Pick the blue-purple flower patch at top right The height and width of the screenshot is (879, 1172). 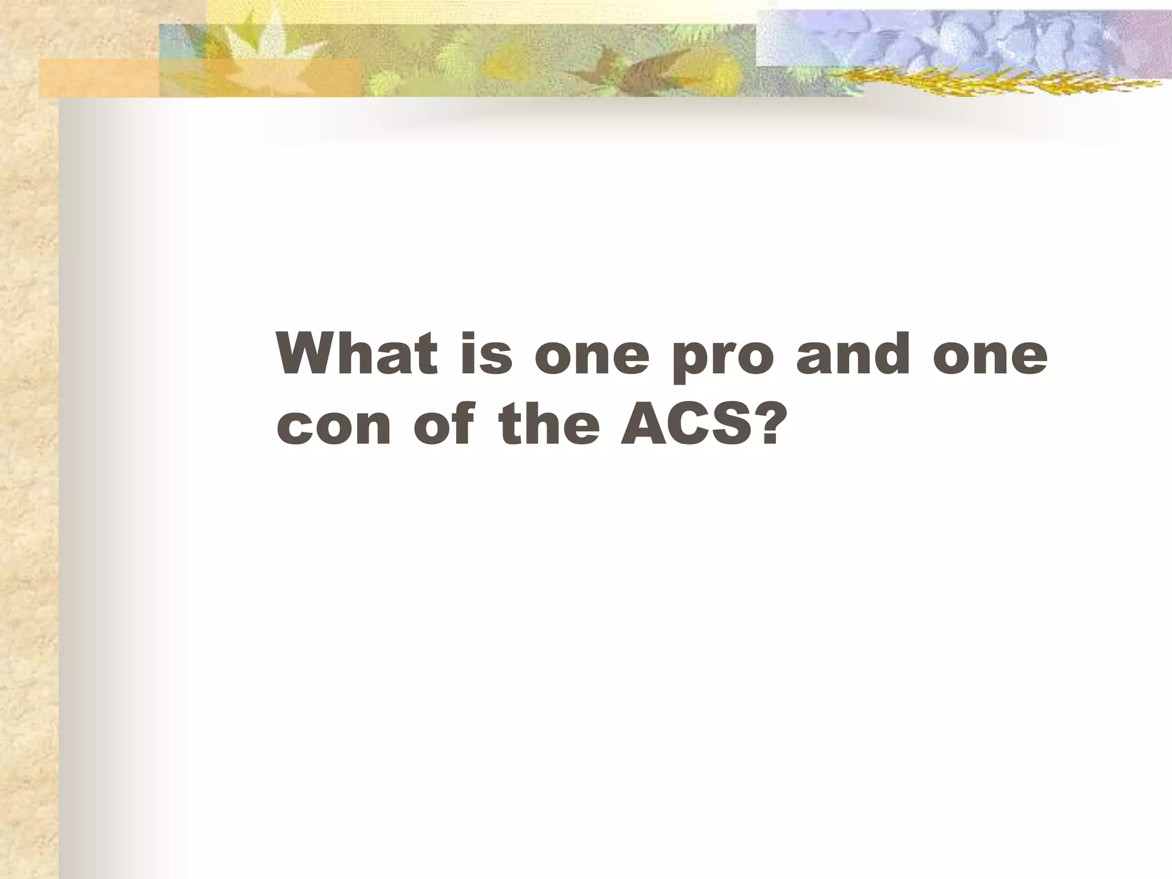pyautogui.click(x=961, y=37)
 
